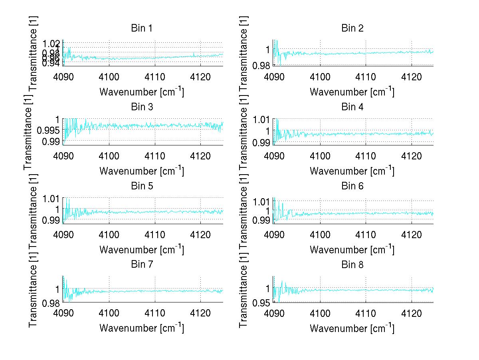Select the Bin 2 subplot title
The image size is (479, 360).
(352, 28)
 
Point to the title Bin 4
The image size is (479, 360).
(352, 107)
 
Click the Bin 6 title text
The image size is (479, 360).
(352, 186)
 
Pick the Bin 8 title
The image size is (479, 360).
(352, 265)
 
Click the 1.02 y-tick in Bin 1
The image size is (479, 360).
(51, 42)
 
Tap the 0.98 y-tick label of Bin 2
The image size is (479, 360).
(261, 65)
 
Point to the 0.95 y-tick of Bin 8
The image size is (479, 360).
(261, 302)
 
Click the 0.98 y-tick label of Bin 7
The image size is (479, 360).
(51, 303)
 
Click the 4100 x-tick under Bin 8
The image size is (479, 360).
(320, 313)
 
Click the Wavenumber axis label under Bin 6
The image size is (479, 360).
(352, 249)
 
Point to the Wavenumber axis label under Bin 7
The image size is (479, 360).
(141, 328)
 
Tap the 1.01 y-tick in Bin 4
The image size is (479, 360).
(261, 119)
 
